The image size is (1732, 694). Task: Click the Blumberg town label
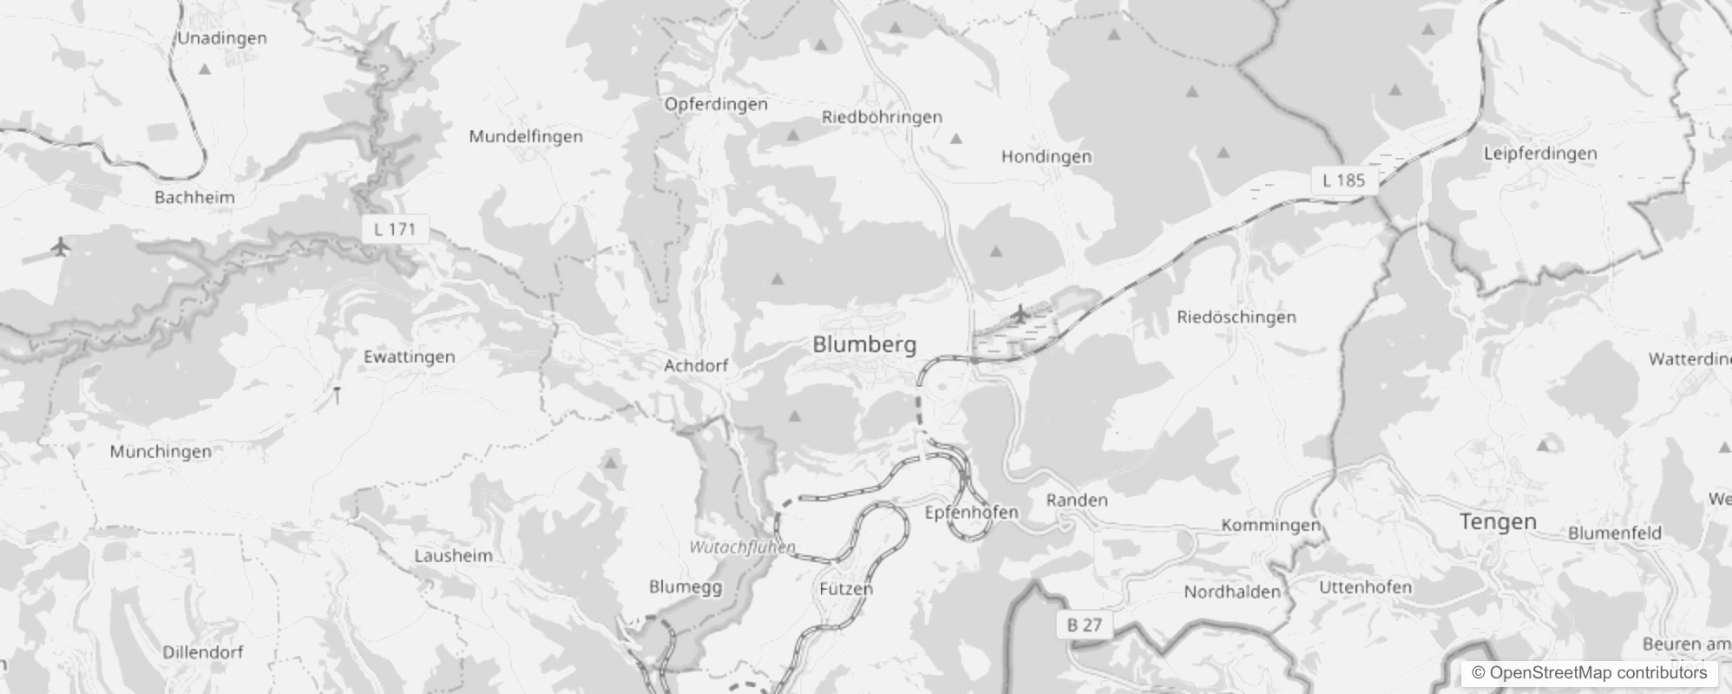[x=864, y=344]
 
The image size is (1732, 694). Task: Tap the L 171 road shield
[x=395, y=230]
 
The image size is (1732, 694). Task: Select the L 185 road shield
[x=1343, y=180]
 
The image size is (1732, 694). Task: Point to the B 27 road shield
[x=1084, y=625]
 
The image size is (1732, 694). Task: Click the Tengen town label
[x=1498, y=521]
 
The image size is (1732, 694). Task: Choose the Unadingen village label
[x=222, y=38]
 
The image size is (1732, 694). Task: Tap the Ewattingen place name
[x=409, y=357]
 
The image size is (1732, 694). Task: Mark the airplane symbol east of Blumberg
[x=1020, y=313]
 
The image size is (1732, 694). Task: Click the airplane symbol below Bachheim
[x=60, y=247]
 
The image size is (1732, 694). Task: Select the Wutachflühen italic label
[x=742, y=547]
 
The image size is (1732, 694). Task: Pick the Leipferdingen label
[x=1540, y=154]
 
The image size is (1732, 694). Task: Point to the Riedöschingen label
[x=1236, y=318]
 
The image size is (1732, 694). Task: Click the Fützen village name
[x=846, y=588]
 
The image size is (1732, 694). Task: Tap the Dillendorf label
[x=203, y=651]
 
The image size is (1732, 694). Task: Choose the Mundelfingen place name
[x=526, y=136]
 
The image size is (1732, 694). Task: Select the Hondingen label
[x=1046, y=157]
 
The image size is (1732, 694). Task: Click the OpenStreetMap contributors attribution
[x=1590, y=673]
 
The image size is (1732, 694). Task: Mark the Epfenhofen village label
[x=971, y=512]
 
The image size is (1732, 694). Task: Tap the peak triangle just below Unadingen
[x=205, y=69]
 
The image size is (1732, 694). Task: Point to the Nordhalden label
[x=1232, y=593]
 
